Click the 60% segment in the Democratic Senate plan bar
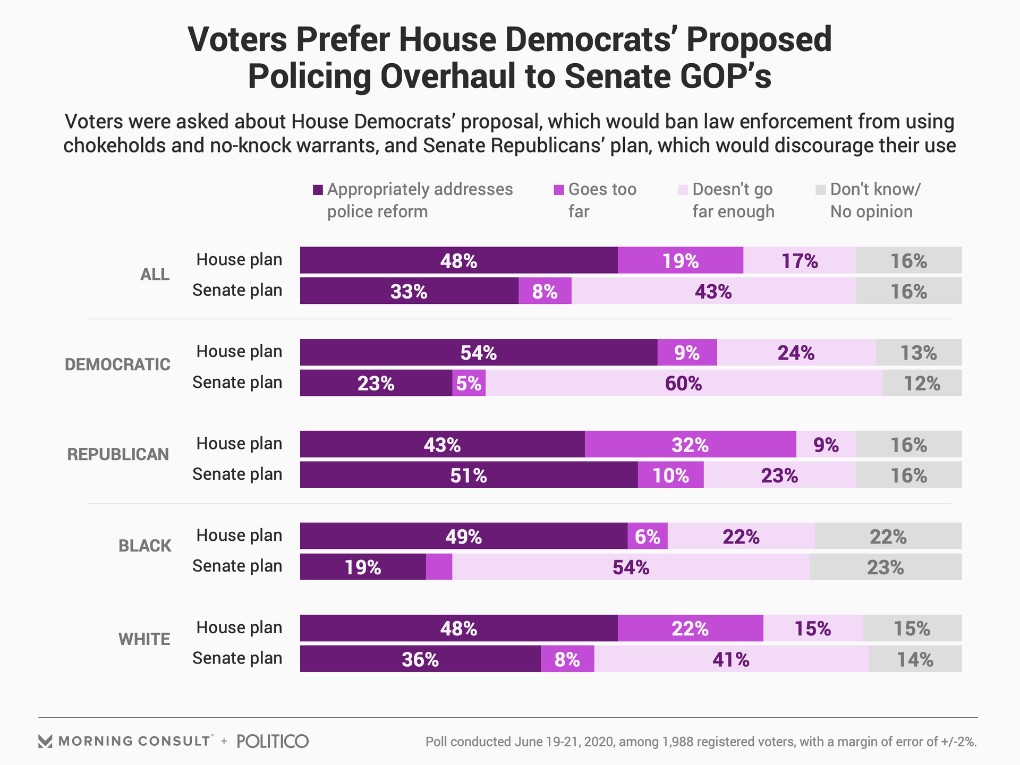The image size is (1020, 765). point(684,383)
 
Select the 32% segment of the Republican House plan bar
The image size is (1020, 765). point(690,444)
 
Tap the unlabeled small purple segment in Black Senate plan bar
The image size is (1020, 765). point(439,567)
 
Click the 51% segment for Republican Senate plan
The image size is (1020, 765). point(469,475)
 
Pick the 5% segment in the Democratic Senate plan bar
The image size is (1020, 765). point(469,383)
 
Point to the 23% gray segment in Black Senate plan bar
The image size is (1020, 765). point(885,567)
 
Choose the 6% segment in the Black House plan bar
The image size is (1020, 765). point(647,536)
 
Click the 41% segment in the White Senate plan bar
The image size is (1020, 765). point(731,659)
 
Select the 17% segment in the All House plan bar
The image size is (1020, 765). point(799,260)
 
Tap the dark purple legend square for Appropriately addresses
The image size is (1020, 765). point(318,190)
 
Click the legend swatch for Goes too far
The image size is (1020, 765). point(559,190)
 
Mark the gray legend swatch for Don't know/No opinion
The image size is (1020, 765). point(821,190)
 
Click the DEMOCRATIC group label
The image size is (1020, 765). point(117,364)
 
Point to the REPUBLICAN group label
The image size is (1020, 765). point(118,454)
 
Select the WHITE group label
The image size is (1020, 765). point(144,639)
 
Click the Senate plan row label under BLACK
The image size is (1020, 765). point(237,566)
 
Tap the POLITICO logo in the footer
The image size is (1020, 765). point(273,741)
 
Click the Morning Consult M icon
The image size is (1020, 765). point(46,741)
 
